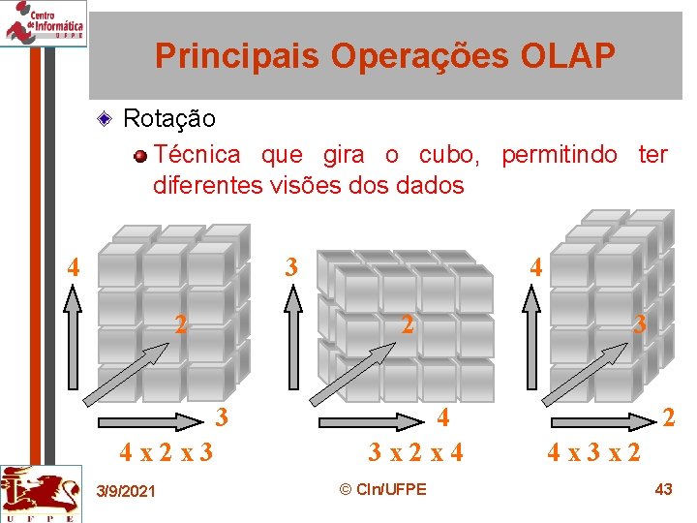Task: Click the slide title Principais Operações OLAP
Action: (x=384, y=56)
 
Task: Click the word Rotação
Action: (x=169, y=119)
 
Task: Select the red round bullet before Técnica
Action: (x=141, y=156)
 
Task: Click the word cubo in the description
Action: (x=444, y=155)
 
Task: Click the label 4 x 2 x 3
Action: (x=166, y=452)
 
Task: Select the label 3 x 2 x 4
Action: (x=415, y=452)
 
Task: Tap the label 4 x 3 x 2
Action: (x=593, y=452)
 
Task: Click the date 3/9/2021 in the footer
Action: (x=126, y=492)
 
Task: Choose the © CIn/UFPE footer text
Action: (x=383, y=489)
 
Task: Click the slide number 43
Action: (x=663, y=489)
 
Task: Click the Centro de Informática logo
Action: (x=44, y=23)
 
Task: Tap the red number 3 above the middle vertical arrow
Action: (x=290, y=266)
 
